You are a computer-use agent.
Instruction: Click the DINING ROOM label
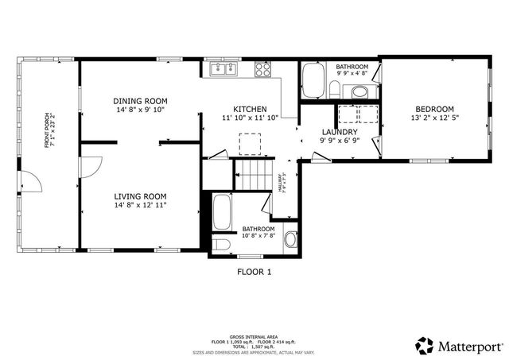click(140, 101)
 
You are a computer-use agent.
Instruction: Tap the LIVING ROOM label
click(140, 196)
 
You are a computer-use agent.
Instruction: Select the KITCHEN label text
click(249, 110)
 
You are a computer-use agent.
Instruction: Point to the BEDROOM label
click(434, 110)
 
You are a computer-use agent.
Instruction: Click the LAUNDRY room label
click(339, 132)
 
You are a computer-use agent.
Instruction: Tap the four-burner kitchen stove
click(263, 70)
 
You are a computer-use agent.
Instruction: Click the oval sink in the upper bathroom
click(360, 94)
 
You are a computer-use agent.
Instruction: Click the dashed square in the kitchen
click(250, 144)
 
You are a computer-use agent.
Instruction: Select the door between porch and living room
click(89, 166)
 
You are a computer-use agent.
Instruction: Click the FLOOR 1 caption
click(254, 272)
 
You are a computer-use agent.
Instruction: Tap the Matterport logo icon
click(424, 344)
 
